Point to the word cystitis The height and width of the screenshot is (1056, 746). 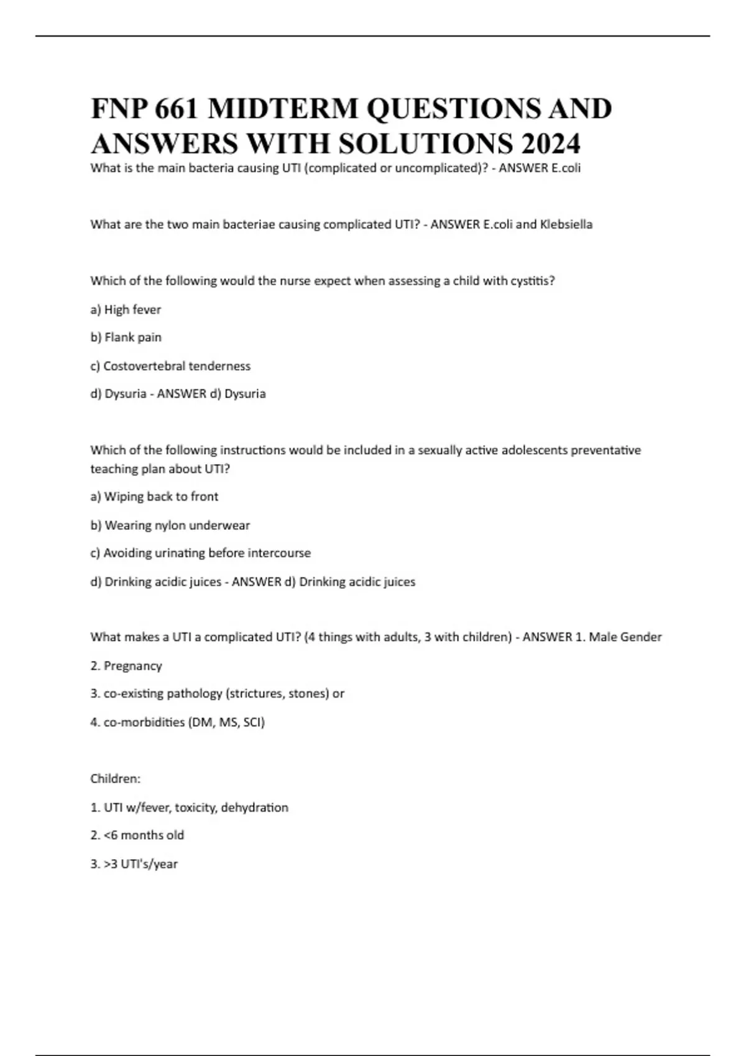[x=532, y=281]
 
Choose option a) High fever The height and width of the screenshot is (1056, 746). [x=126, y=309]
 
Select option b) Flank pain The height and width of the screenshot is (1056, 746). [x=126, y=337]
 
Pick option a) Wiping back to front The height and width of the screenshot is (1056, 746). [x=154, y=496]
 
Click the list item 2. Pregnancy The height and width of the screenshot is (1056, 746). [x=126, y=666]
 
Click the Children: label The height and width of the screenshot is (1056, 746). [x=116, y=779]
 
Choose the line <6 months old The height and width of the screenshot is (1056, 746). [x=137, y=835]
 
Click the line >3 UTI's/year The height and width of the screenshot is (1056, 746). [x=134, y=864]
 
